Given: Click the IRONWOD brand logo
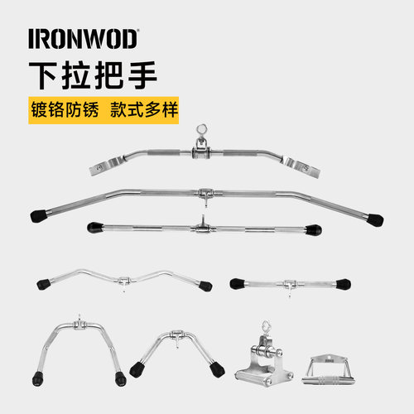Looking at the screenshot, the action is [84, 39].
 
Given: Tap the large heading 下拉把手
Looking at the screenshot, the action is [93, 75].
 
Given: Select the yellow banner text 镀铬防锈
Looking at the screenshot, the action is [65, 110].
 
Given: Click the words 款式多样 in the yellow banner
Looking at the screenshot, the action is [144, 110].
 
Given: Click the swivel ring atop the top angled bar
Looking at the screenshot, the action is [201, 130].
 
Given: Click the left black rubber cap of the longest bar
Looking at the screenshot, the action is [39, 216].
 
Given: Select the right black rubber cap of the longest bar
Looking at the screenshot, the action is [375, 220].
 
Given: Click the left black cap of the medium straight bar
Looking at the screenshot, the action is [95, 228].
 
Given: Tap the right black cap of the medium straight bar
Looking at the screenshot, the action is [314, 229].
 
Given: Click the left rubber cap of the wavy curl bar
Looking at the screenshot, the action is [44, 284].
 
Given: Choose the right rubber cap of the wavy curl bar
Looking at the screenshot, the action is [205, 286].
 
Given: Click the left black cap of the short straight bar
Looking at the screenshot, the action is [238, 284].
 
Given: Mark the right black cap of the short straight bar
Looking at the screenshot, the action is [344, 284].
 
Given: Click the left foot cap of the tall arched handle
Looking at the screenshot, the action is [38, 378].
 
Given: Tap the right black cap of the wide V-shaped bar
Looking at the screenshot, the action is [217, 369].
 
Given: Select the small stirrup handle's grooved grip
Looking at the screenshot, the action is [329, 380].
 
